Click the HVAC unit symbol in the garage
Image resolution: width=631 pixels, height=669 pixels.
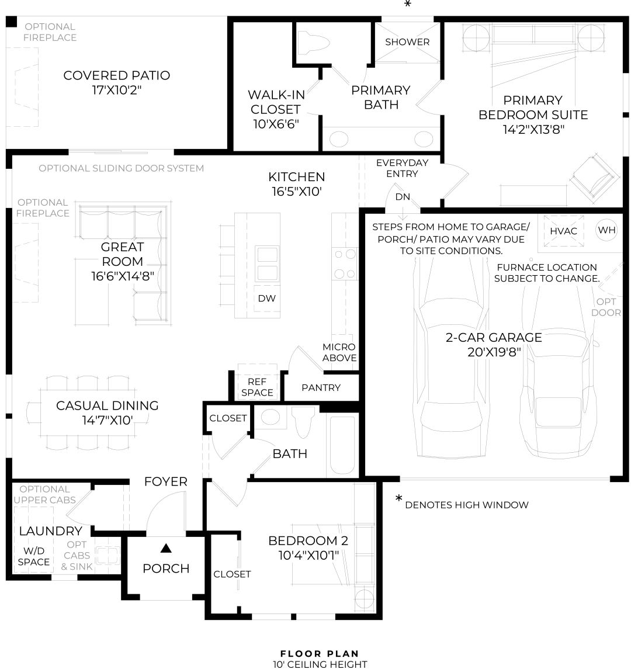pos(564,230)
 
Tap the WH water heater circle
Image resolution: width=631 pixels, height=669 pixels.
pos(606,230)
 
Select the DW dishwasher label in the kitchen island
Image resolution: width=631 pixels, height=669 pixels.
pos(266,298)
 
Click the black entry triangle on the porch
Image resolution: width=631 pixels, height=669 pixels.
pos(166,548)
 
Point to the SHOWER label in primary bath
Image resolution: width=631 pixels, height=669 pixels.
pos(407,42)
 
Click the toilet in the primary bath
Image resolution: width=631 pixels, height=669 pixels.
pos(313,43)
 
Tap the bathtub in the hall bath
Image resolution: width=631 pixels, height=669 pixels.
pos(342,445)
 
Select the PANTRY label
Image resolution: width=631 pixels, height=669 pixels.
pos(321,387)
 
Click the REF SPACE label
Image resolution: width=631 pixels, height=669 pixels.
pos(257,387)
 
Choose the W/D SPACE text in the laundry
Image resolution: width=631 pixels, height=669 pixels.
pos(33,556)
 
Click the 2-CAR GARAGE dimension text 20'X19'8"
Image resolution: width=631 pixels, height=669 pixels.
pos(494,352)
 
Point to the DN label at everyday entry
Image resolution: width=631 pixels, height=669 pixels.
pos(403,197)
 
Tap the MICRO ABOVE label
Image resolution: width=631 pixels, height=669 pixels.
pos(339,352)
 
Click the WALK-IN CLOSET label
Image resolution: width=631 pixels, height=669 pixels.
pos(275,109)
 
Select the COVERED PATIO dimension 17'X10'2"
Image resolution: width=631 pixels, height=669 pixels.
pos(117,90)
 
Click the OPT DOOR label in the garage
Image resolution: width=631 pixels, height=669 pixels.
pos(606,307)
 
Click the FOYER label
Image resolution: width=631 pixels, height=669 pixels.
pos(166,481)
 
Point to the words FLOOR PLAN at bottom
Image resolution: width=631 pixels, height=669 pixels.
pos(320,654)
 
